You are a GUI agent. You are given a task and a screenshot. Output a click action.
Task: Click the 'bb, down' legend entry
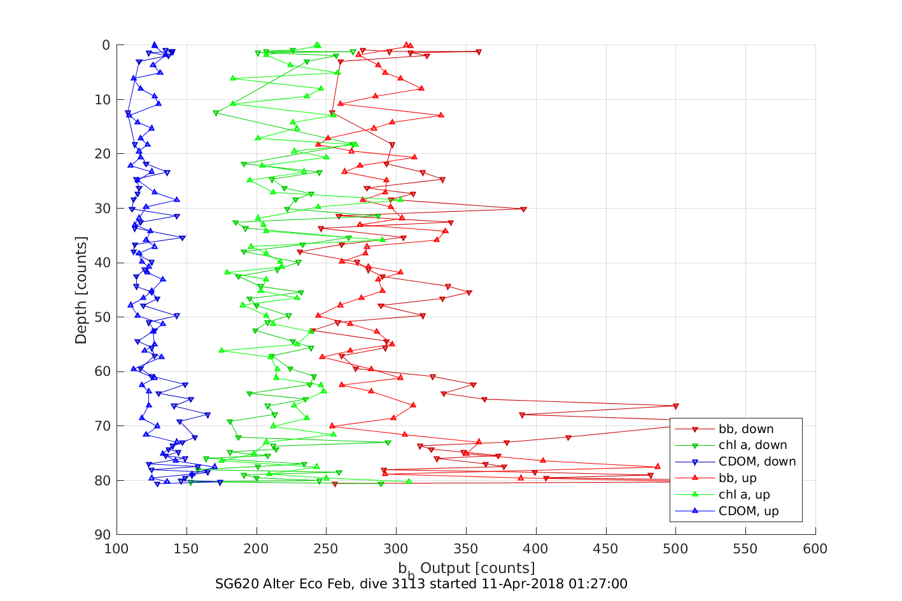746,429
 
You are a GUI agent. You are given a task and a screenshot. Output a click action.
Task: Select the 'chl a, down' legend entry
752,446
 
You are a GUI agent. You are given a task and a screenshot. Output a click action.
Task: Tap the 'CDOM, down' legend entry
757,462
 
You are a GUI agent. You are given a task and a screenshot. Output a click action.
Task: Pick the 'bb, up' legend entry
737,479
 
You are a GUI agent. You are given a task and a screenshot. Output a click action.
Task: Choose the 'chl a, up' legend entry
743,495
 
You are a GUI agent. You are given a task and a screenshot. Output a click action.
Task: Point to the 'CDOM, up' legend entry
748,512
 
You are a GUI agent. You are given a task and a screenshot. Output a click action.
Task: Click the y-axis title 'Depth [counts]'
81,290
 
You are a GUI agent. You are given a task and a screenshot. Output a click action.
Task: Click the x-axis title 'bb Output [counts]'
467,568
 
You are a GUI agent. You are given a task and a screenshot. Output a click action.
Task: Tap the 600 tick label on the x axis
815,549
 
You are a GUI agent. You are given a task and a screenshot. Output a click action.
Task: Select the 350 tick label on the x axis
466,549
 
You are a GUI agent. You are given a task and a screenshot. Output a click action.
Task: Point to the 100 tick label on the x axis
116,549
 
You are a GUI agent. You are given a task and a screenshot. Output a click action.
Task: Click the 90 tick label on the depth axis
102,535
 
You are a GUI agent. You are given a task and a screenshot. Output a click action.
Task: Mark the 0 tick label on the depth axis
106,45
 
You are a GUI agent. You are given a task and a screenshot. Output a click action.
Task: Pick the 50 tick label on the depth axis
102,317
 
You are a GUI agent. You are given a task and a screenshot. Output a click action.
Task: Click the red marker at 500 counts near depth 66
675,406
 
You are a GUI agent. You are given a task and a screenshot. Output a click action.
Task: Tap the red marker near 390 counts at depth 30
523,209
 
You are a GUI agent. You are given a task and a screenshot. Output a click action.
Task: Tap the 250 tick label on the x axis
326,549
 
